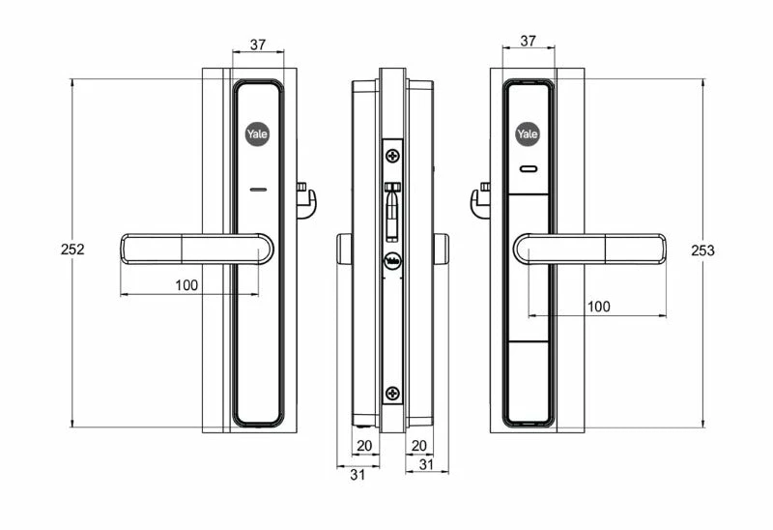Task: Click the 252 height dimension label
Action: pyautogui.click(x=72, y=250)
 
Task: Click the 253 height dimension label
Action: pyautogui.click(x=702, y=250)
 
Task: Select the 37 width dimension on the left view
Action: pyautogui.click(x=258, y=44)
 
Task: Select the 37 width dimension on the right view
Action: pyautogui.click(x=528, y=41)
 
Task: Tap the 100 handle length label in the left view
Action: pyautogui.click(x=186, y=285)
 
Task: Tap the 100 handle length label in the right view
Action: pyautogui.click(x=598, y=307)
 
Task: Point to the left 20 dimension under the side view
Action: pyautogui.click(x=364, y=446)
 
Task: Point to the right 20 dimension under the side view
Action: pyautogui.click(x=418, y=446)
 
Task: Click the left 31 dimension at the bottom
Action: pyautogui.click(x=358, y=475)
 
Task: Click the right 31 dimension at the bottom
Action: pyautogui.click(x=426, y=464)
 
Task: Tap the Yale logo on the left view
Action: pyautogui.click(x=257, y=133)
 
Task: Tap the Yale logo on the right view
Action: pyautogui.click(x=528, y=133)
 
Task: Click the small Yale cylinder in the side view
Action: pyautogui.click(x=393, y=261)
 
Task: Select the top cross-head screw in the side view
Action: pyautogui.click(x=393, y=157)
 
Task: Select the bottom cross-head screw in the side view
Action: pyautogui.click(x=393, y=394)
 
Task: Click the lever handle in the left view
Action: pyautogui.click(x=197, y=249)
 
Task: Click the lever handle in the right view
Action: pyautogui.click(x=589, y=249)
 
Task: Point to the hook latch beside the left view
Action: pyautogui.click(x=306, y=200)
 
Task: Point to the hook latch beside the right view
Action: pyautogui.click(x=480, y=200)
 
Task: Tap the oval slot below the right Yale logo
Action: pyautogui.click(x=528, y=170)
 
